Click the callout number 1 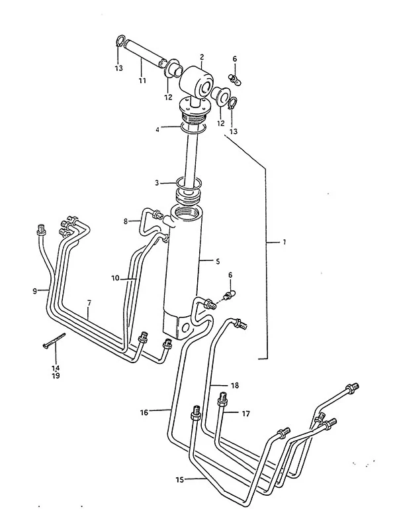[285, 242]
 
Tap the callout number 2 [202, 57]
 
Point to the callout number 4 [157, 129]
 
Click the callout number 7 [89, 303]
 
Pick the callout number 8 [126, 221]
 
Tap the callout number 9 [35, 291]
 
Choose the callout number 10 [115, 278]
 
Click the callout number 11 [142, 80]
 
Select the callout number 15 [180, 479]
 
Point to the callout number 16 [144, 413]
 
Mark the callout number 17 [245, 414]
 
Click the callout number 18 [235, 385]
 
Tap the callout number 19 [56, 376]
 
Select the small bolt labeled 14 [54, 340]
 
